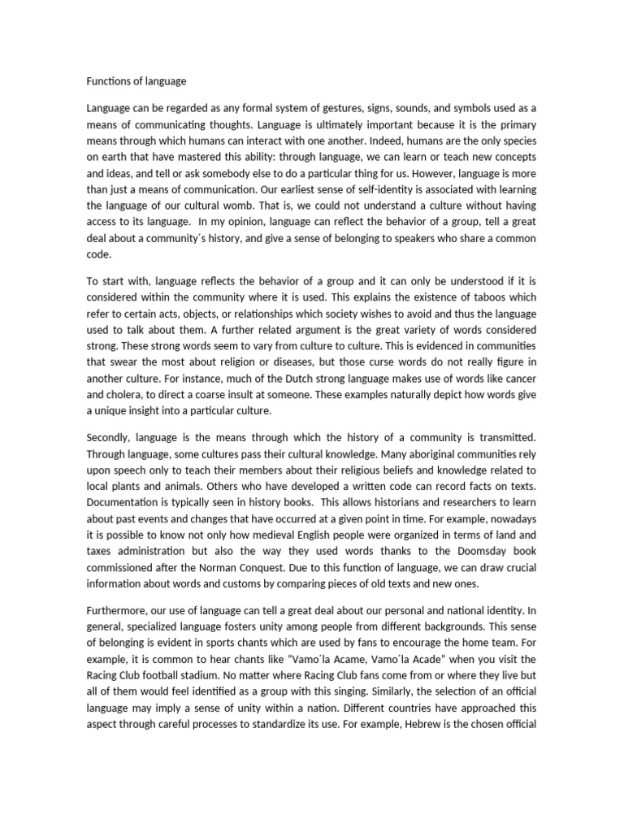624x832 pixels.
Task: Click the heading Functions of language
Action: pyautogui.click(x=136, y=81)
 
